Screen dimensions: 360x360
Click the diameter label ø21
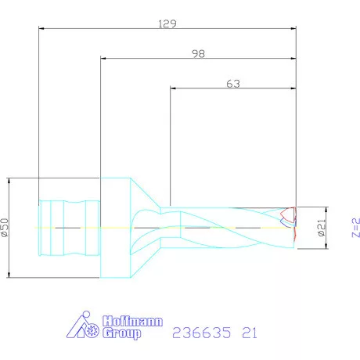point(320,228)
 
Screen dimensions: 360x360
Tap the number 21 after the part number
point(247,333)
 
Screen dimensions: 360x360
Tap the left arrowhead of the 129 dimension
point(41,30)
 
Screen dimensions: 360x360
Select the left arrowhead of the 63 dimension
point(173,87)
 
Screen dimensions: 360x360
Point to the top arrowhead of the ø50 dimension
point(9,180)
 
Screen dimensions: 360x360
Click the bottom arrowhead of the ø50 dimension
point(9,275)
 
